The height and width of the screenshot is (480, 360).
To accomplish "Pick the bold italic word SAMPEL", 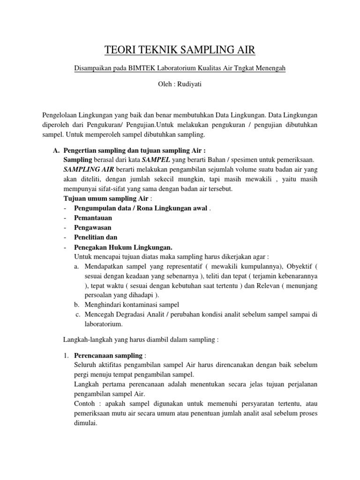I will (147, 160).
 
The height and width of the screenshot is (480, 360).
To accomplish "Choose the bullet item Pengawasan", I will (93, 227).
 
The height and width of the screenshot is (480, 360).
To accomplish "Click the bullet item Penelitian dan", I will (96, 237).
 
